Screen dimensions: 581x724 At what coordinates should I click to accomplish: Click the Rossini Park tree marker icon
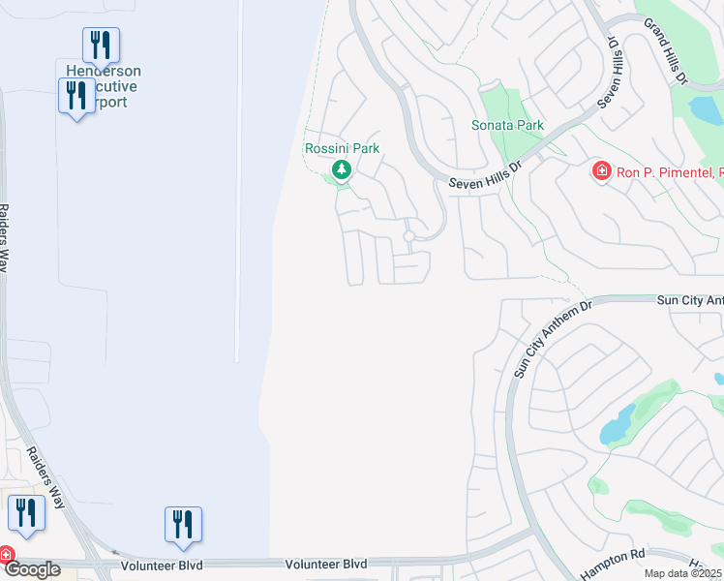pyautogui.click(x=341, y=171)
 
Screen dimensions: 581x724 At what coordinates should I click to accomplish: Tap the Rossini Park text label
pyautogui.click(x=342, y=148)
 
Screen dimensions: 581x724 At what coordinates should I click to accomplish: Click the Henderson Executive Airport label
pyautogui.click(x=104, y=86)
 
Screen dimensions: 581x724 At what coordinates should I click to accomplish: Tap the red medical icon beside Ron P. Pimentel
pyautogui.click(x=601, y=171)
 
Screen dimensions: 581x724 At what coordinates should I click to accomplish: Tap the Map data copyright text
pyautogui.click(x=682, y=573)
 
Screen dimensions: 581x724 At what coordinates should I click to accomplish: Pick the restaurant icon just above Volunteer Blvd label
pyautogui.click(x=183, y=524)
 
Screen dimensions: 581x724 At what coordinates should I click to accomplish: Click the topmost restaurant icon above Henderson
pyautogui.click(x=101, y=45)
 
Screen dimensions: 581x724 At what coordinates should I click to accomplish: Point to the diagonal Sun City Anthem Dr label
pyautogui.click(x=552, y=340)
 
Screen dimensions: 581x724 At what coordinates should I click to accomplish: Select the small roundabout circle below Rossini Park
pyautogui.click(x=409, y=235)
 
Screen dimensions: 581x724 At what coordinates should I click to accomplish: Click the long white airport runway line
pyautogui.click(x=238, y=184)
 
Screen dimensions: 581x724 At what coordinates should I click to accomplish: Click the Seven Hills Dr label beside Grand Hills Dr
pyautogui.click(x=613, y=70)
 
